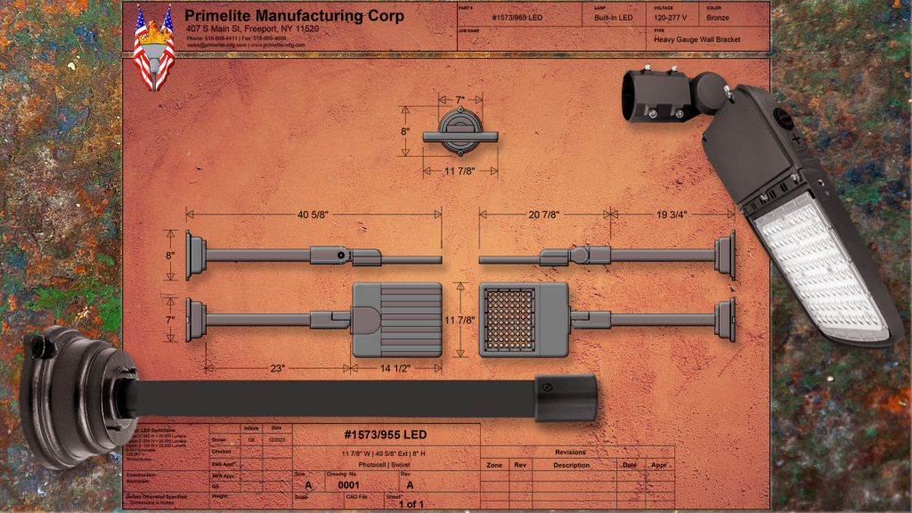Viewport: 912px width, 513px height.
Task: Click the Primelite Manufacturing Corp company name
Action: pos(294,16)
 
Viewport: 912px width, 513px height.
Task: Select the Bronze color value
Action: pos(717,17)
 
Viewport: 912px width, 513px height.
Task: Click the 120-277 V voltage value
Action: pos(671,17)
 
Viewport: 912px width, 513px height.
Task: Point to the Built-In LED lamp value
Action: pos(614,17)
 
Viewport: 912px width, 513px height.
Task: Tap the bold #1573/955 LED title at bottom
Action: pos(386,435)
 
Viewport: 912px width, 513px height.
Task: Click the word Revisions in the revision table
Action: pos(570,452)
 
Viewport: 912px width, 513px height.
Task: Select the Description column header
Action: pos(571,465)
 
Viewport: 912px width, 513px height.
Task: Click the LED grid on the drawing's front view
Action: pos(509,319)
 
